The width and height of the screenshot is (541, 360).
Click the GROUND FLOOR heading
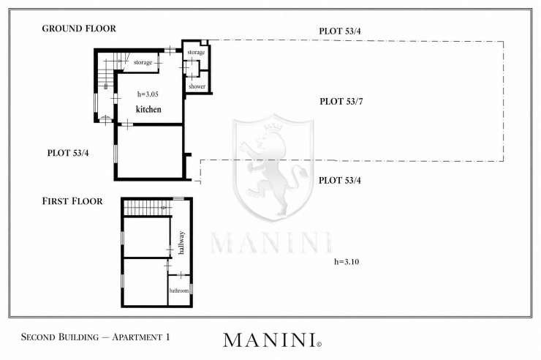pyautogui.click(x=79, y=29)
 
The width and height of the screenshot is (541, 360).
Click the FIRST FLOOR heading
pyautogui.click(x=72, y=201)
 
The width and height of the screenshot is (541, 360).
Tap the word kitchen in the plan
pyautogui.click(x=148, y=110)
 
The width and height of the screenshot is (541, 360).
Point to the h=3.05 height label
pyautogui.click(x=148, y=94)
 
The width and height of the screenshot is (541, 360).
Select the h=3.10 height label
pyautogui.click(x=347, y=262)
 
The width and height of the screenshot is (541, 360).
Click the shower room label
pyautogui.click(x=197, y=86)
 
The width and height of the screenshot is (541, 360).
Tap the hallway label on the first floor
pyautogui.click(x=181, y=243)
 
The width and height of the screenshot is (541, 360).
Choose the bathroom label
pyautogui.click(x=179, y=290)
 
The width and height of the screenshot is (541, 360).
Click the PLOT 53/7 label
pyautogui.click(x=341, y=102)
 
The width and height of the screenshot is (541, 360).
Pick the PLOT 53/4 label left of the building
pyautogui.click(x=68, y=153)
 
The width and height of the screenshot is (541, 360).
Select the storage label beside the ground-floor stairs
pyautogui.click(x=143, y=62)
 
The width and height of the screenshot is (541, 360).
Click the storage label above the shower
pyautogui.click(x=196, y=52)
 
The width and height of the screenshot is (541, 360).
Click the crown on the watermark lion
pyautogui.click(x=273, y=127)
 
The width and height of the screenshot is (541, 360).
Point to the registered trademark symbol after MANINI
pyautogui.click(x=319, y=344)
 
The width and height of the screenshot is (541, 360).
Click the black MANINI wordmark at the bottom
pyautogui.click(x=270, y=340)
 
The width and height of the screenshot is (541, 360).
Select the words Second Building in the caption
pyautogui.click(x=60, y=337)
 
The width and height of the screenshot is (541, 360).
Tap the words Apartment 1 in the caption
pyautogui.click(x=141, y=337)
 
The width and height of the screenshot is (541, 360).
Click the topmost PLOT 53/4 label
pyautogui.click(x=340, y=31)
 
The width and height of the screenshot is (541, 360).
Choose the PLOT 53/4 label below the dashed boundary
pyautogui.click(x=340, y=181)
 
